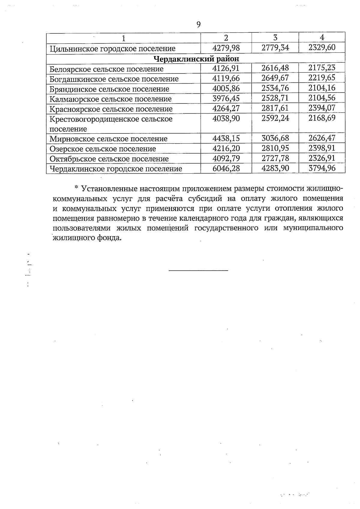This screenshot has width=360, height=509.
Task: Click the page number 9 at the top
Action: (x=198, y=25)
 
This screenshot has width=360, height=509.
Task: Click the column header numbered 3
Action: (x=275, y=37)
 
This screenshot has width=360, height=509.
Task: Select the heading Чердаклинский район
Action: (x=196, y=58)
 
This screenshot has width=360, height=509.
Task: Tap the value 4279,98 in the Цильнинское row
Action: (x=226, y=48)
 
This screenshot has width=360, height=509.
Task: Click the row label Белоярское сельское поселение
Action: (x=106, y=69)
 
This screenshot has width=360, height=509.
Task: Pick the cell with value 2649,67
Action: (x=275, y=78)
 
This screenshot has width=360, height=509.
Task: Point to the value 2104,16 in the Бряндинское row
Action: (x=322, y=88)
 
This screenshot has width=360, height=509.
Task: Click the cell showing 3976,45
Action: (x=226, y=98)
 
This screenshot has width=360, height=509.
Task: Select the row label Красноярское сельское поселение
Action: (x=111, y=109)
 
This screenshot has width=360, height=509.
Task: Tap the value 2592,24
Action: (x=275, y=118)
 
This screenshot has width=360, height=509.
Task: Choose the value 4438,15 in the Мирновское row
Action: (x=226, y=138)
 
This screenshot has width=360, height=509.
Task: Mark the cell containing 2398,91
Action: (x=322, y=148)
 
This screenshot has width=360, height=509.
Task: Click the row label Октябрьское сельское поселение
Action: (x=109, y=159)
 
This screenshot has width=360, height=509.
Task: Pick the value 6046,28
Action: (x=226, y=168)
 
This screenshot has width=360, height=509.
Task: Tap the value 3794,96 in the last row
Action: (x=322, y=168)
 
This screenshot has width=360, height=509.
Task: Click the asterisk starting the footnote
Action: (x=76, y=188)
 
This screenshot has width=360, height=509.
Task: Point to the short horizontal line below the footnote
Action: (x=198, y=271)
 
